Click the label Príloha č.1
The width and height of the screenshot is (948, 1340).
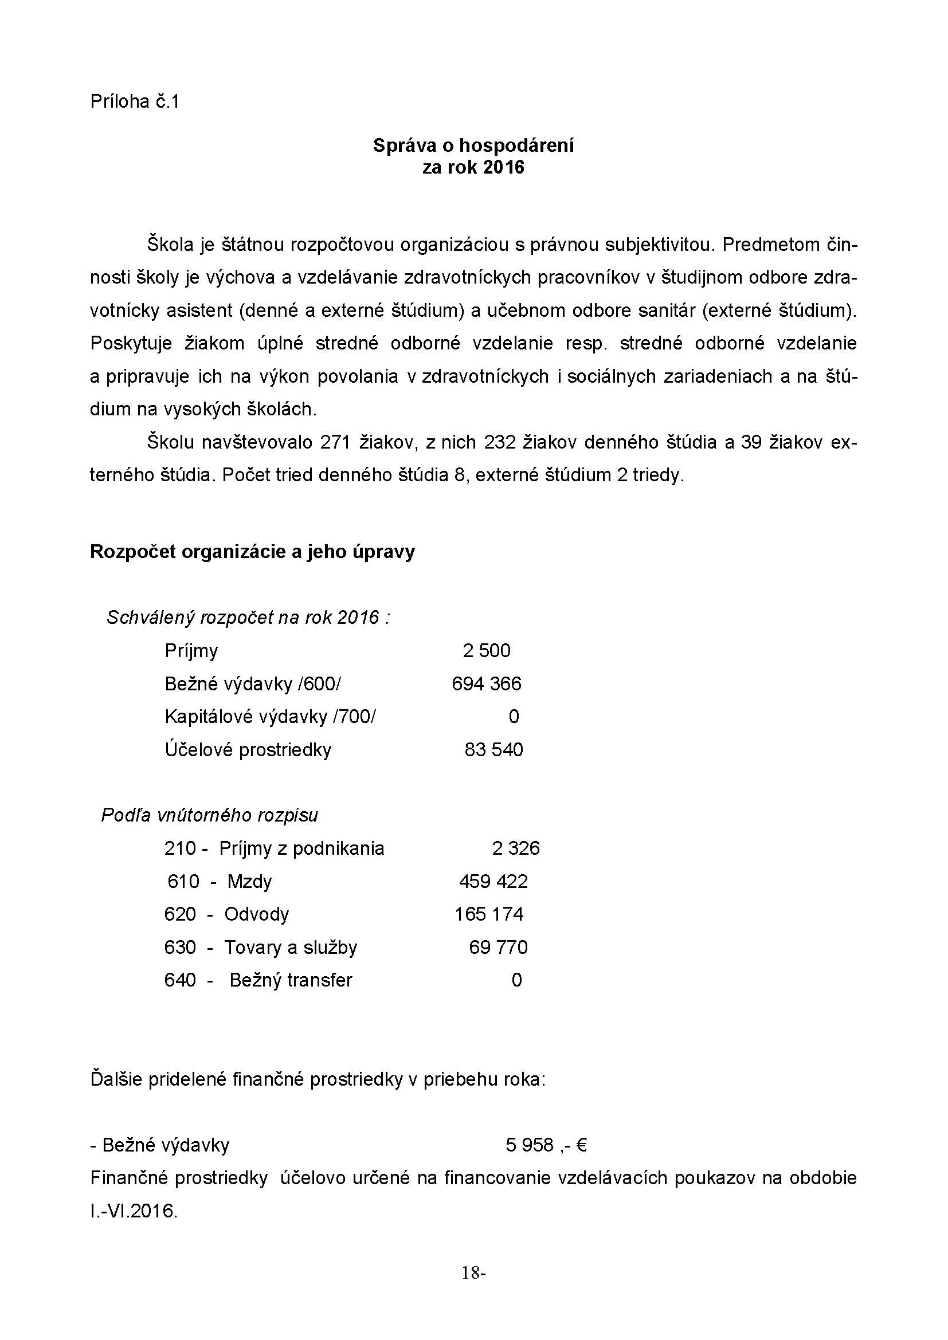(x=134, y=102)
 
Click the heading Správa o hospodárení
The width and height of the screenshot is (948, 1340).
(x=473, y=146)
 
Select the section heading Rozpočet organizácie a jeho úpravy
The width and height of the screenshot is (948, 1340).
(x=252, y=552)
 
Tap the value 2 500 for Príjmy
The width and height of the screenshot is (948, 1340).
(x=486, y=651)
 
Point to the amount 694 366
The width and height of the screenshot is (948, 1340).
(x=486, y=683)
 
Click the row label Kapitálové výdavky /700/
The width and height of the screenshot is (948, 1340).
(x=270, y=716)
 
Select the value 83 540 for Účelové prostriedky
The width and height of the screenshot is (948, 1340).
(x=493, y=749)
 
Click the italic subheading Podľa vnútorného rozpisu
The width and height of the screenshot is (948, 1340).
(x=210, y=815)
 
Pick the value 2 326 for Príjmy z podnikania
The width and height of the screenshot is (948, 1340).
(x=515, y=848)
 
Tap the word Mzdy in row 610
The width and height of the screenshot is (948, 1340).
(x=249, y=881)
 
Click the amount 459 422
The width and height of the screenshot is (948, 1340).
(x=493, y=881)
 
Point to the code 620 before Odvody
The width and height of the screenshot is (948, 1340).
(x=180, y=914)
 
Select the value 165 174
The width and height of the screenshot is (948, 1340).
(x=489, y=914)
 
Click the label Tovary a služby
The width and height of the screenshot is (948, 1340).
(x=291, y=947)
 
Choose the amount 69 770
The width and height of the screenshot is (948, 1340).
(x=498, y=947)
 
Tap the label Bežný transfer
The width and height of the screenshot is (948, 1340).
(x=291, y=980)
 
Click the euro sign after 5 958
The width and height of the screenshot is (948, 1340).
(x=581, y=1146)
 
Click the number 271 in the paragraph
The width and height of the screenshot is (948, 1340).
(x=336, y=443)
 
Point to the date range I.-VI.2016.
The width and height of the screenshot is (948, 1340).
(x=134, y=1212)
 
